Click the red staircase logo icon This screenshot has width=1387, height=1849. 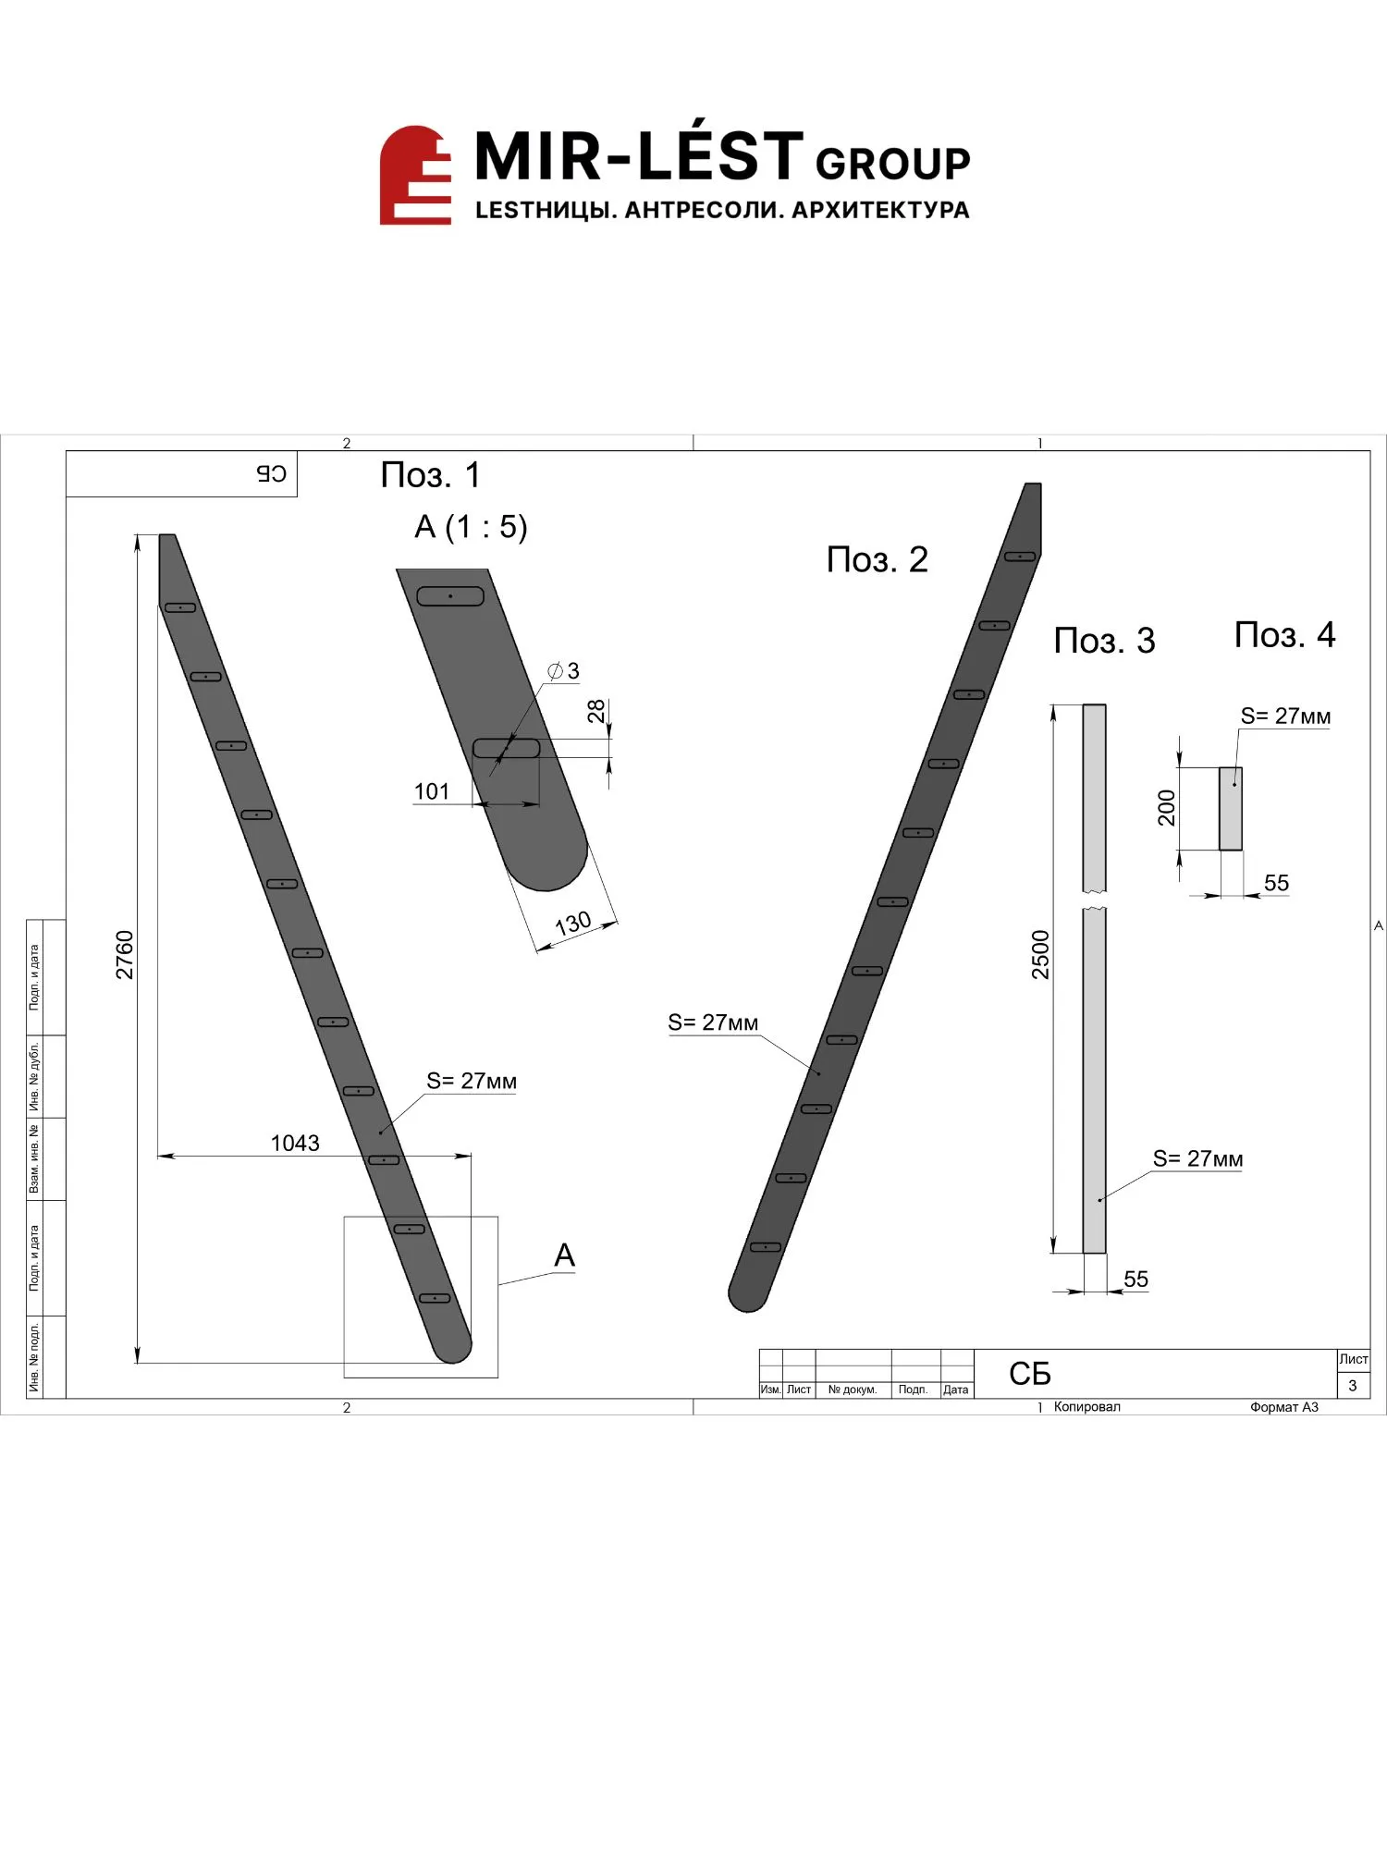coord(415,175)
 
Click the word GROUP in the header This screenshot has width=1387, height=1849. coord(892,164)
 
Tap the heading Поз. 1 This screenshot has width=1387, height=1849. coord(431,475)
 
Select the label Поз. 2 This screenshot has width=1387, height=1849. coord(877,560)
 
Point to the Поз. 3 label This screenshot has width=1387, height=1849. coord(1104,641)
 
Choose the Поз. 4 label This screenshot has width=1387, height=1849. coord(1284,635)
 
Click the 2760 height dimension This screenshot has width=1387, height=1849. coord(125,955)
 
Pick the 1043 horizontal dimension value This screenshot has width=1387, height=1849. coord(295,1143)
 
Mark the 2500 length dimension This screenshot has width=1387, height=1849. coord(1041,955)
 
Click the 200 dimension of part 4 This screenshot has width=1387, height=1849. coord(1167,807)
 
